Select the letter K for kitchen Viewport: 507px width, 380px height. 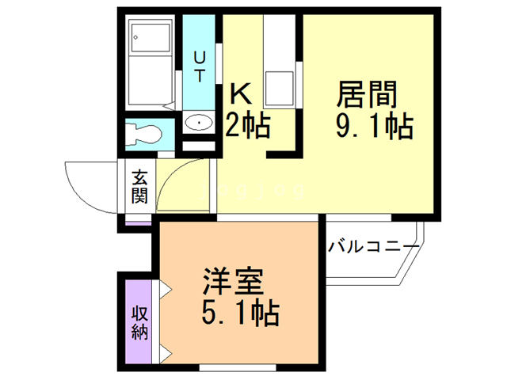pos(241,95)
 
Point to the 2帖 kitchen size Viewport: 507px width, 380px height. pos(247,125)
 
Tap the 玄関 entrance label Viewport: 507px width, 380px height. pos(139,187)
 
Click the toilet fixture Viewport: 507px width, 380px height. pos(143,133)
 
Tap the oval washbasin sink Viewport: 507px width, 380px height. pos(198,123)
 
